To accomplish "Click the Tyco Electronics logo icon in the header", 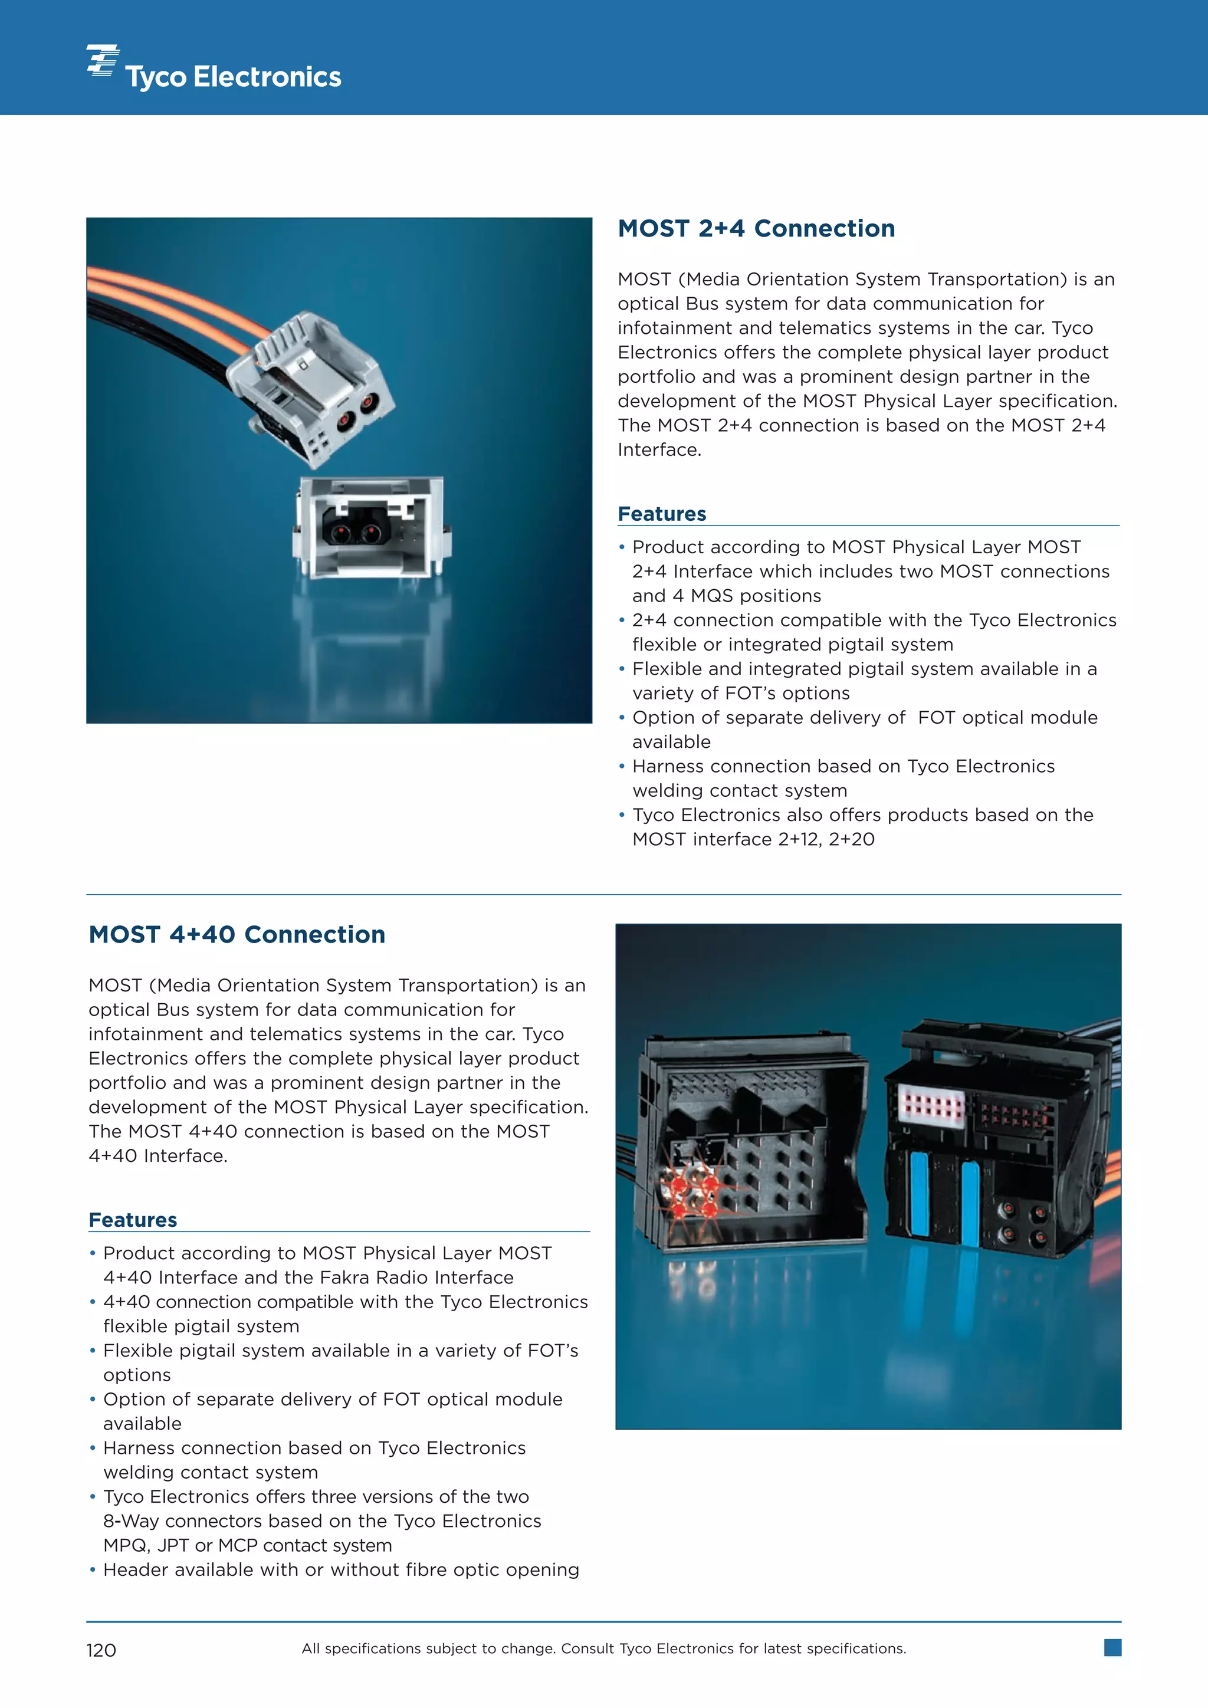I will (x=103, y=60).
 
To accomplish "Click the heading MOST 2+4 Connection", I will (x=756, y=228).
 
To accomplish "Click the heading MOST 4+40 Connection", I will (x=237, y=934).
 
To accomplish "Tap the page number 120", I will (x=101, y=1650).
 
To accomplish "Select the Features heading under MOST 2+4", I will (x=661, y=514).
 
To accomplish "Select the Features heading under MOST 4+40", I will (x=132, y=1220).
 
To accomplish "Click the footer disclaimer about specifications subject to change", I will (x=603, y=1648).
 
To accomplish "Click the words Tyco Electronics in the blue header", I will (x=233, y=77).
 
